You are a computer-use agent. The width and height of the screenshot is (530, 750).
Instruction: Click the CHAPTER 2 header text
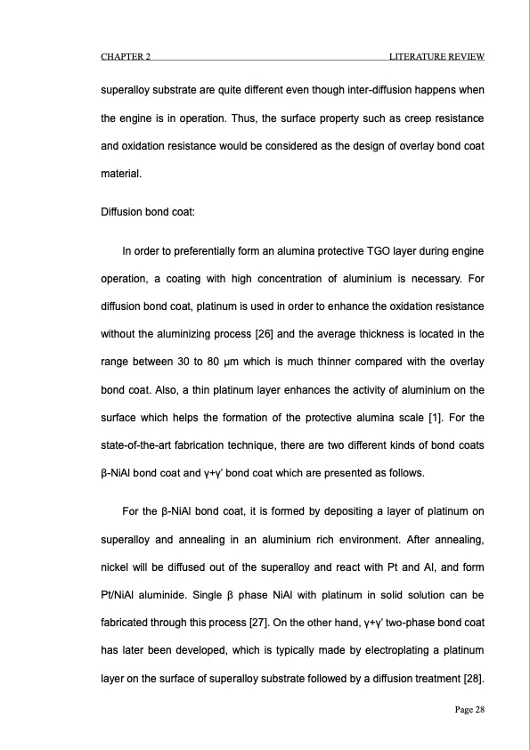point(125,57)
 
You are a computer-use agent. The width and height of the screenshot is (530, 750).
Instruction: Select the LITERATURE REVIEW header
point(436,57)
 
